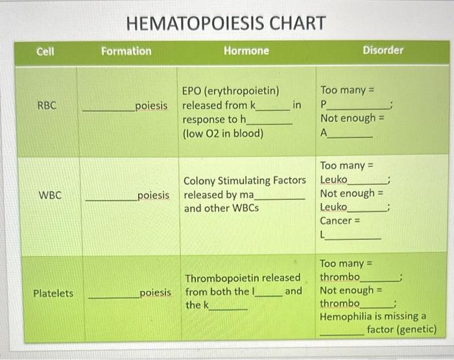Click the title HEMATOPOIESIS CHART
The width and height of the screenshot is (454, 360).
226,24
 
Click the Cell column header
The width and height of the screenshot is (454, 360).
45,51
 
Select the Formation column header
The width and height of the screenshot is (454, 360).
126,51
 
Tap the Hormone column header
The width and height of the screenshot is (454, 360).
246,51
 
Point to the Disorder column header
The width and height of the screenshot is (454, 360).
382,50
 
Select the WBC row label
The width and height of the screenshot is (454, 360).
50,195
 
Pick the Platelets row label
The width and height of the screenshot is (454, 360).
53,293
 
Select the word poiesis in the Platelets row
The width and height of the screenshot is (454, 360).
155,293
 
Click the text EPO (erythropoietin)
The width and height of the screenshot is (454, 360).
230,91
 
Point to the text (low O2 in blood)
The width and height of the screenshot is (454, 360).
223,134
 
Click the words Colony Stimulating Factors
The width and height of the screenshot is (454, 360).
245,180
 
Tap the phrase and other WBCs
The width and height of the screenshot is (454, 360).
221,208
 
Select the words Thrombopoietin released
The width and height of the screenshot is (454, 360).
243,278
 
